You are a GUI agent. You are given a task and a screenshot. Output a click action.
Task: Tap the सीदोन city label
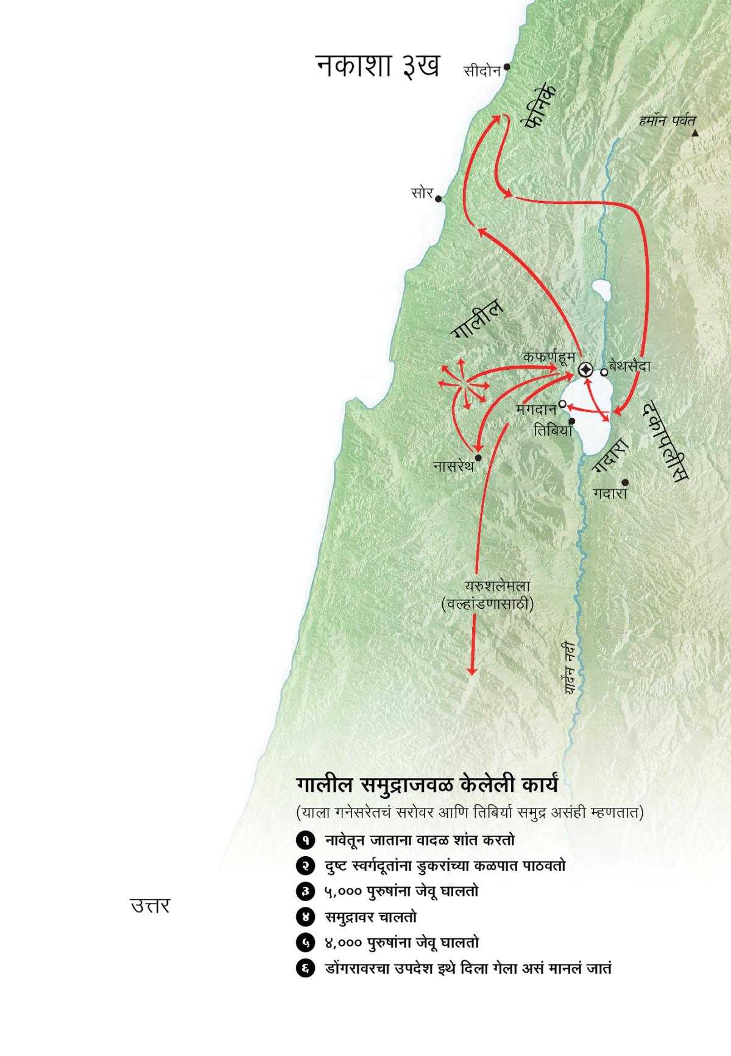click(482, 71)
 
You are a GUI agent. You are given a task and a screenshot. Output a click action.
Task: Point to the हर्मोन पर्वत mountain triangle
click(694, 132)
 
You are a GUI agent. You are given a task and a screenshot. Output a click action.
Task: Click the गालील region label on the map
click(477, 317)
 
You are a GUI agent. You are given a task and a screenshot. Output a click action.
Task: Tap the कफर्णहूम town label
click(549, 356)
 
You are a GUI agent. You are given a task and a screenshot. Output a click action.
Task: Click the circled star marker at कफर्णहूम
click(585, 369)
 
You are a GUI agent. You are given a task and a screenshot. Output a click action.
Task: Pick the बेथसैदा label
click(634, 366)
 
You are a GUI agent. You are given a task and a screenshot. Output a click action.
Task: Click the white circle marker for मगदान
click(563, 404)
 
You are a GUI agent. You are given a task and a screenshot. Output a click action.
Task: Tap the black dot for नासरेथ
click(478, 458)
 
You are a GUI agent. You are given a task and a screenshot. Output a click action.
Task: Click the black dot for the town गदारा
click(625, 482)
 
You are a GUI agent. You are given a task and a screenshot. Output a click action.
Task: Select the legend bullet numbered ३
click(304, 891)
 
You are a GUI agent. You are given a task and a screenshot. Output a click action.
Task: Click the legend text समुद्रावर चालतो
click(370, 916)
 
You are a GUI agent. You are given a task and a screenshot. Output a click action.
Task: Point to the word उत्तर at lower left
click(150, 906)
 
